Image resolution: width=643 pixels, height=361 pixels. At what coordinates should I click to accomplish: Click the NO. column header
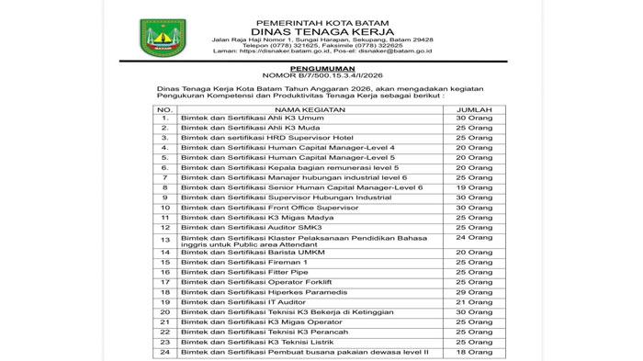tap(164, 107)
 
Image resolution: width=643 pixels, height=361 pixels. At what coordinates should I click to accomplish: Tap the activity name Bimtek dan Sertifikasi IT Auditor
tap(247, 301)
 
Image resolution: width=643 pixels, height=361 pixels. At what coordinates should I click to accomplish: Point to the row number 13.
tap(165, 239)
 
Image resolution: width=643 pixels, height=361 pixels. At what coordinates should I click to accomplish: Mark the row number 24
tap(165, 352)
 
